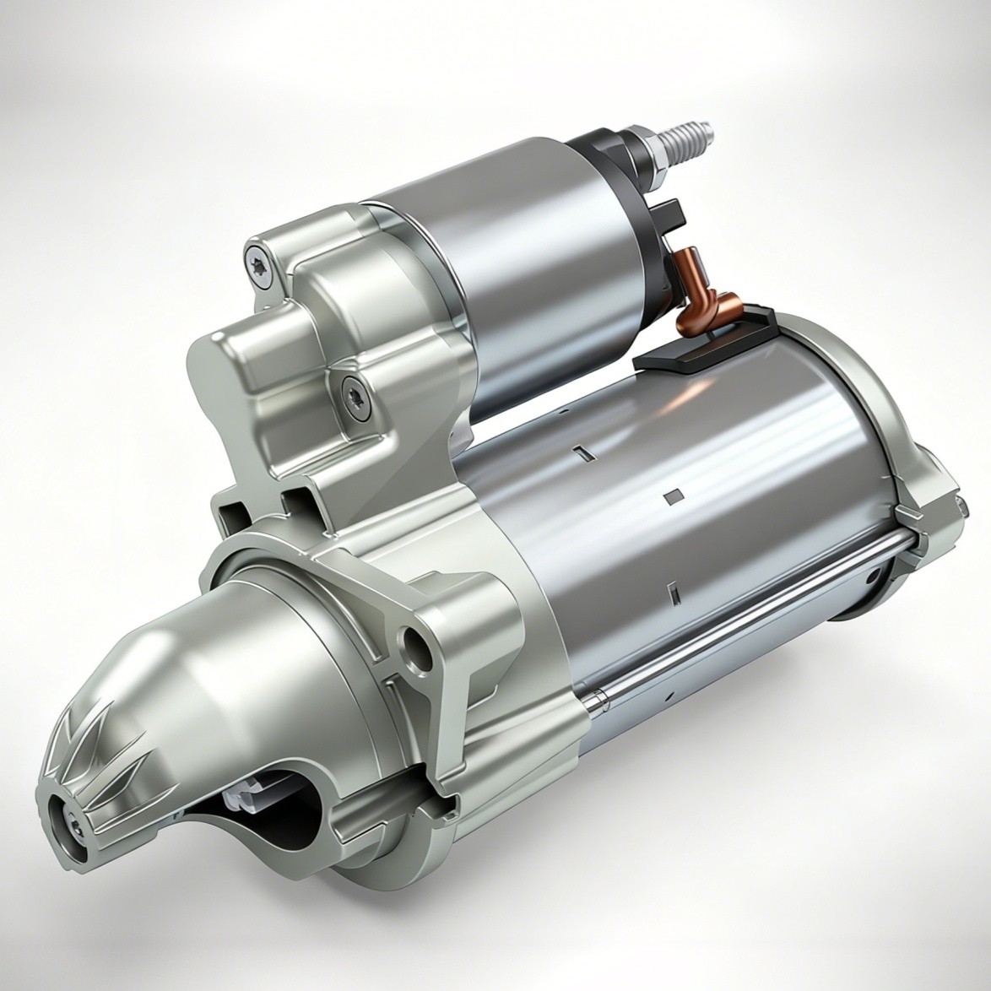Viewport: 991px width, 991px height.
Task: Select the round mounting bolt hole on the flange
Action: tap(416, 643)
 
